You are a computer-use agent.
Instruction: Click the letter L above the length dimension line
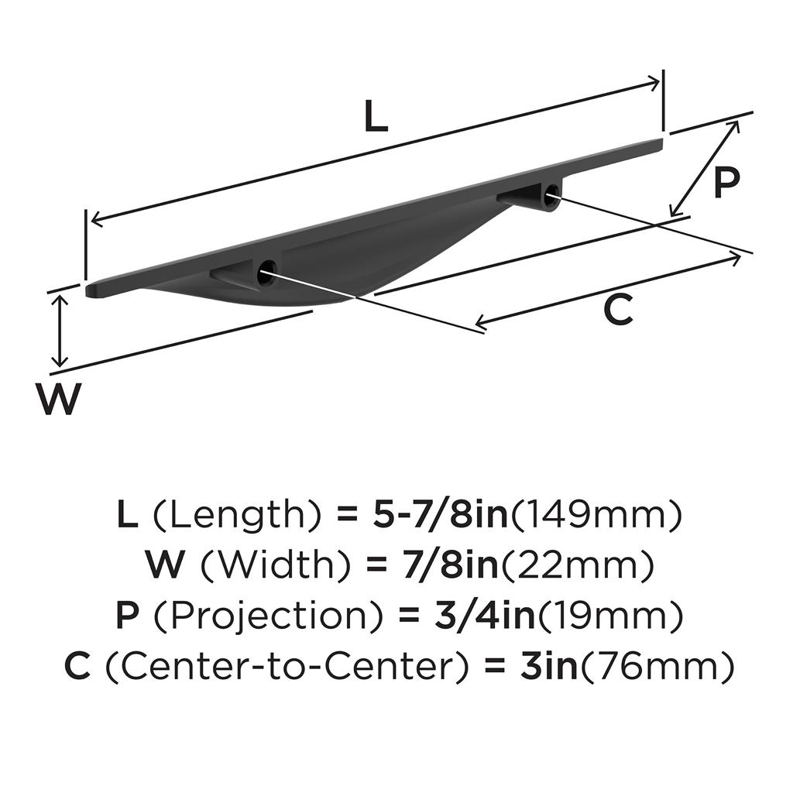pos(376,116)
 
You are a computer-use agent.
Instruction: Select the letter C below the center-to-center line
pos(618,310)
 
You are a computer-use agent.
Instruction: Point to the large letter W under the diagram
pos(58,399)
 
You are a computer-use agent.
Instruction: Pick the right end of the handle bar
pos(661,143)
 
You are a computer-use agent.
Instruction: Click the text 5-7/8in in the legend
pos(440,515)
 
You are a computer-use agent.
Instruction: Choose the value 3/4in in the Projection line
pos(485,616)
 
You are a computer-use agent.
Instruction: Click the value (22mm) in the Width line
pos(576,565)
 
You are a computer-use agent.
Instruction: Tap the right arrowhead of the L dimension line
pos(654,82)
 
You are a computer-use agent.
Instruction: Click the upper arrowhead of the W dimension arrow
pos(60,301)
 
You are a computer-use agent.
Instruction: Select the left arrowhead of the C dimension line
pos(481,321)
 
